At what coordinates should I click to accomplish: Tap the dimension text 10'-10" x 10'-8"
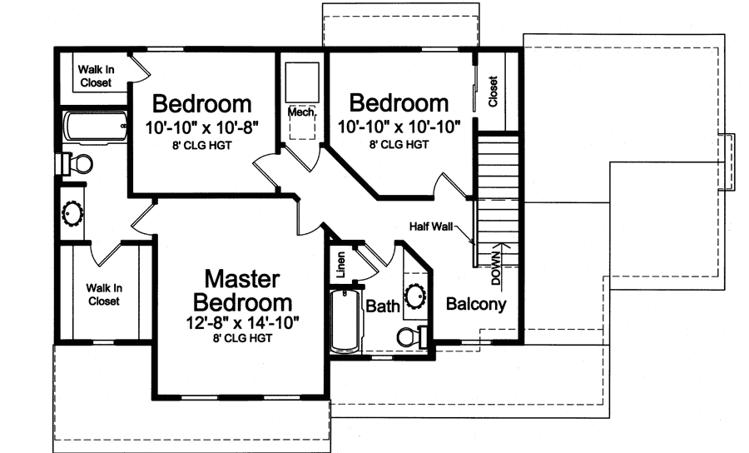tap(202, 127)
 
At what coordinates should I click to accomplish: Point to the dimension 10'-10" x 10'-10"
tap(399, 127)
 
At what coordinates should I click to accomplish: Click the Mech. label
tap(300, 111)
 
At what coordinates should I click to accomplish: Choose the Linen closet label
tap(340, 265)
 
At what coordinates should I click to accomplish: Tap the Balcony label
tap(476, 304)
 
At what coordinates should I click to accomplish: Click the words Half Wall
tap(430, 226)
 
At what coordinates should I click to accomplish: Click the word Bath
tap(383, 307)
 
